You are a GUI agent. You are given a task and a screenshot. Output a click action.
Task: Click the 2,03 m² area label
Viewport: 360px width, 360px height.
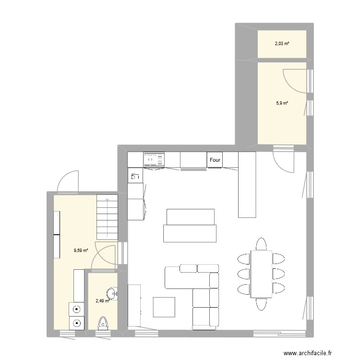tap(282, 44)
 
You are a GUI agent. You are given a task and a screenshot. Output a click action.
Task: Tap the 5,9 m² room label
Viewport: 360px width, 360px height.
tap(281, 103)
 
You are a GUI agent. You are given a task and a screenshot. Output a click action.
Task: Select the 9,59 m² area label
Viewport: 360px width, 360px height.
tap(81, 250)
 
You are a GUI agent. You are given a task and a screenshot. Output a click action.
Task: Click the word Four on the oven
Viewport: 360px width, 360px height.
tap(215, 160)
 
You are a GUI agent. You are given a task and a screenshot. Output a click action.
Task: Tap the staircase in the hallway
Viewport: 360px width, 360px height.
tap(107, 216)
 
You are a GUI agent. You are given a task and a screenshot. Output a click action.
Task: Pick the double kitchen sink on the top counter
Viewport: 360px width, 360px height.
tap(154, 158)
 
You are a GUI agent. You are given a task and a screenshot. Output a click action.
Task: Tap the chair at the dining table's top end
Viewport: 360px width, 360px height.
tap(261, 244)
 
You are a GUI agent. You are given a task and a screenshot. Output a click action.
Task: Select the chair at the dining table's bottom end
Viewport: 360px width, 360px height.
tap(261, 304)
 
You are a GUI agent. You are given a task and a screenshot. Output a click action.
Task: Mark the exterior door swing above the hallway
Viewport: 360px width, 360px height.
tap(67, 181)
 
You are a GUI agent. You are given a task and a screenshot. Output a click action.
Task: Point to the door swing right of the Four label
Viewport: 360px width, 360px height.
tap(283, 161)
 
